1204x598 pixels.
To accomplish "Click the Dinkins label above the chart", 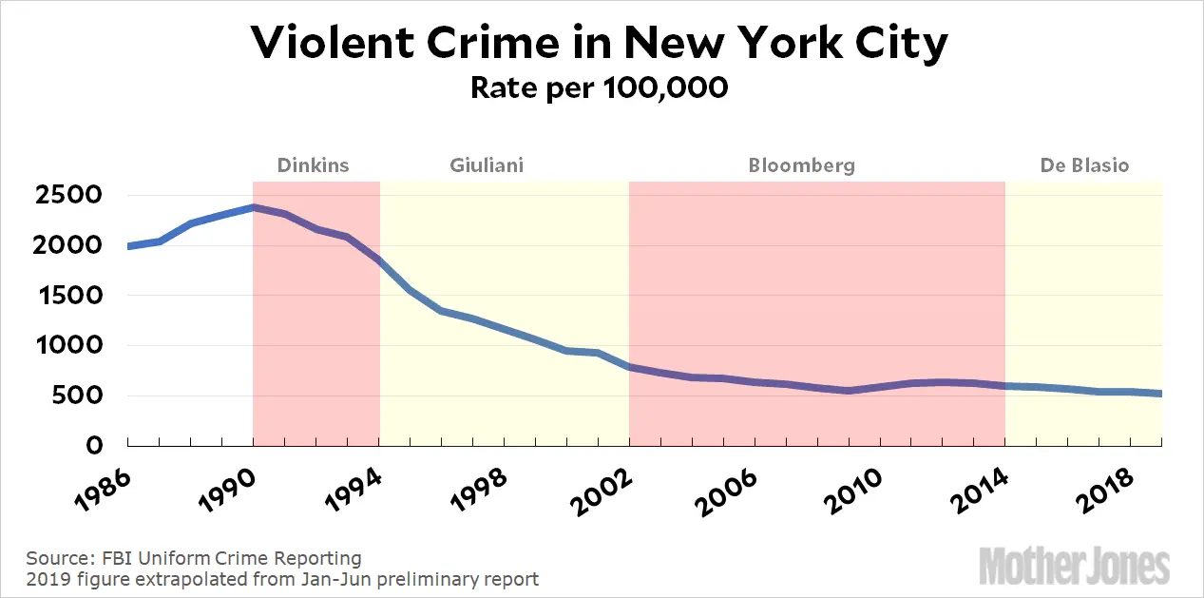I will (313, 165).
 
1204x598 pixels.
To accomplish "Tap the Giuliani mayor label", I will (487, 165).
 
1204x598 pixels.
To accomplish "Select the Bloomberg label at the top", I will (801, 165).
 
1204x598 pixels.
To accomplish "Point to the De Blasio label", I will (1084, 165).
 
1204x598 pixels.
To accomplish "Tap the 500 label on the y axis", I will (81, 396).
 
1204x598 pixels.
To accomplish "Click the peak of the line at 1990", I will (253, 206).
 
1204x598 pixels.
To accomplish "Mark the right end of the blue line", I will (1161, 394).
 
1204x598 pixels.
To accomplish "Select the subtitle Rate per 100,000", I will (600, 87).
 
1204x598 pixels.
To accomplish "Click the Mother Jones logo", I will (1075, 566).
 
